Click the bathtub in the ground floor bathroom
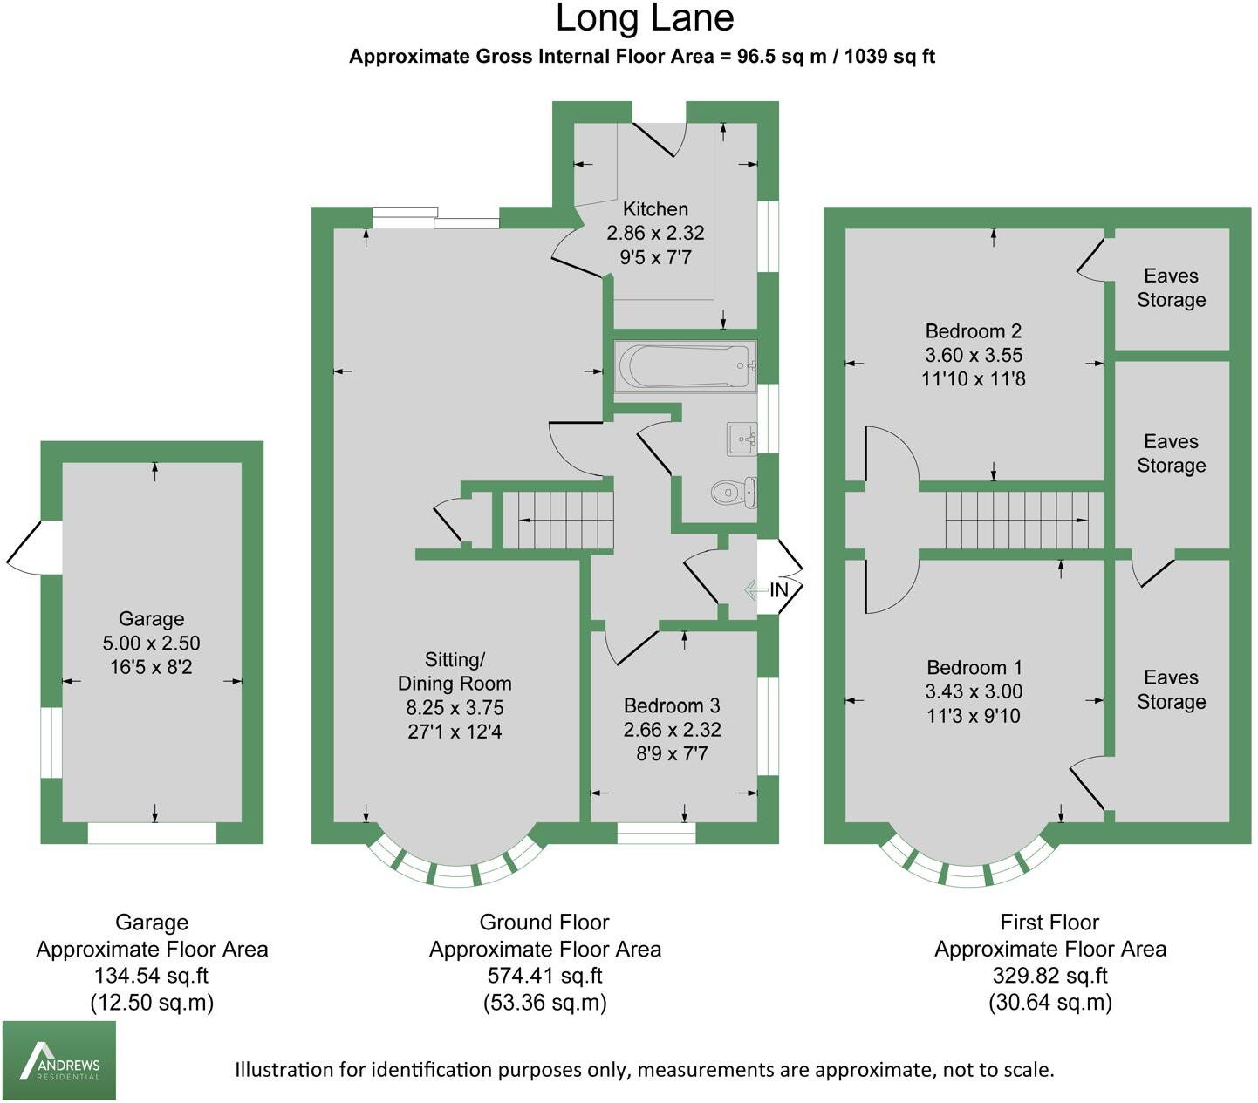click(x=686, y=366)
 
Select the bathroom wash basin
click(x=742, y=439)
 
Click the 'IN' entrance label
click(x=779, y=589)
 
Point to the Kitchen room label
click(x=655, y=208)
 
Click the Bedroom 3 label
click(x=672, y=705)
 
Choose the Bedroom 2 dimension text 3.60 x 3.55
click(x=973, y=355)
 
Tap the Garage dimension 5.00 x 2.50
click(x=152, y=643)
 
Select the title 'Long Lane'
click(x=645, y=18)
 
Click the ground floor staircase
click(x=557, y=521)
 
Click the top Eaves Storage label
click(x=1171, y=288)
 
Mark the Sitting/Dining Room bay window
click(x=457, y=864)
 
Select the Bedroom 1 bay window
click(x=968, y=864)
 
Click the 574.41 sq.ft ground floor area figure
click(x=544, y=975)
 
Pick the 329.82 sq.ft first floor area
click(x=1050, y=975)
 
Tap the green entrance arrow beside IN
click(x=755, y=589)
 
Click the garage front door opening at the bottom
click(x=152, y=833)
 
